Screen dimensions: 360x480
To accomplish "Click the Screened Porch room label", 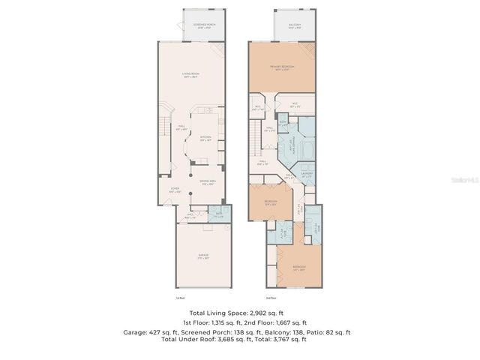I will click(x=203, y=25).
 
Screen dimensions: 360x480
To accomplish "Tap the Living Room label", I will click(x=190, y=74).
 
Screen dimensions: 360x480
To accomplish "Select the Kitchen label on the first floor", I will click(x=205, y=138).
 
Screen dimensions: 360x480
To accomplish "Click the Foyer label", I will click(x=174, y=189).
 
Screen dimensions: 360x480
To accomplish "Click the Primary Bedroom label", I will click(x=282, y=67).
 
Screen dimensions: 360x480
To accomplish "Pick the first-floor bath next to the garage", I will click(x=217, y=215).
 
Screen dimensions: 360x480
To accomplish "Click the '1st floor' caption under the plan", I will click(x=181, y=298).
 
